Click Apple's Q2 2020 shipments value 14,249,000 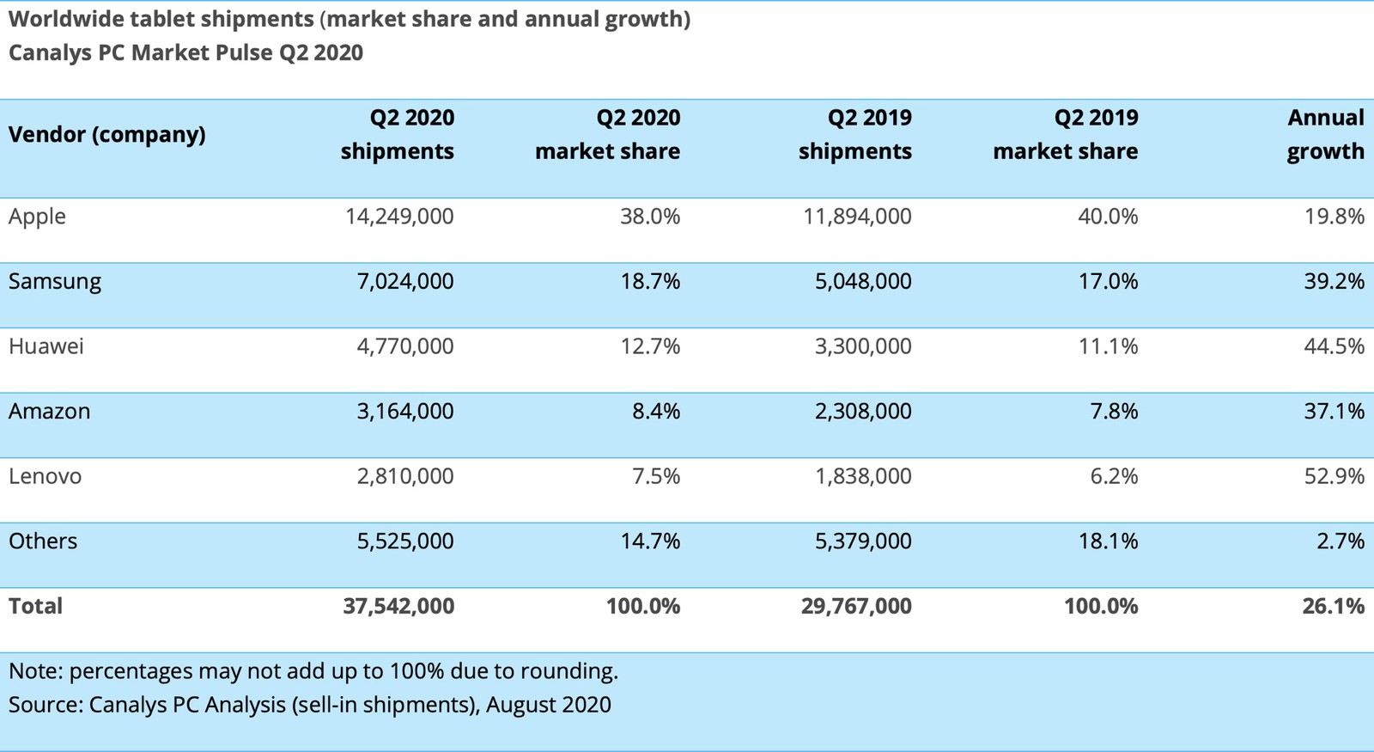tap(399, 217)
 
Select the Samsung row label tap(55, 282)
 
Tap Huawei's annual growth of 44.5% tap(1334, 346)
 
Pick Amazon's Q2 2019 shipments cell tap(863, 412)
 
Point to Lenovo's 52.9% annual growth tap(1334, 476)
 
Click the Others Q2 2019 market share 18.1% tap(1108, 541)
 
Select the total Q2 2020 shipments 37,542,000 tap(398, 606)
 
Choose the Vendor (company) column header tap(107, 135)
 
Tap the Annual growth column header tap(1325, 134)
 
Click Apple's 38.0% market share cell tap(650, 217)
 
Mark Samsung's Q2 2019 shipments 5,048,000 tap(863, 282)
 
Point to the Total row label tap(35, 606)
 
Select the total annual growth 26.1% tap(1333, 606)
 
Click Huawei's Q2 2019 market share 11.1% tap(1108, 346)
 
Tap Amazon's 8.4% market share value tap(656, 412)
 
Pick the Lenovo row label tap(46, 476)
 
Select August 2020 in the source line tap(549, 706)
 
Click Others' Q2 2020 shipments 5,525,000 tap(405, 541)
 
